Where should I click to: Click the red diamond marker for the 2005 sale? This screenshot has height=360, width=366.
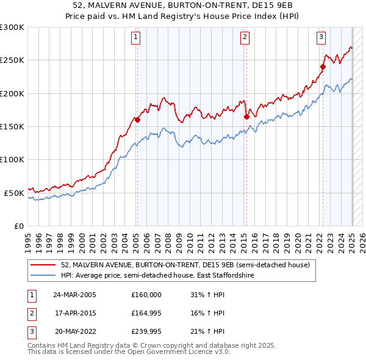click(x=137, y=120)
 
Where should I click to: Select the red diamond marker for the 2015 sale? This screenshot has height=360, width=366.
click(x=246, y=117)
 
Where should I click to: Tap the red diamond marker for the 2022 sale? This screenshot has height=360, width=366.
click(x=323, y=67)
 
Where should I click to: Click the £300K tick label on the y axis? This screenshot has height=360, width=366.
click(x=12, y=27)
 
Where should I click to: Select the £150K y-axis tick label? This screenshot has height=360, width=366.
click(x=12, y=127)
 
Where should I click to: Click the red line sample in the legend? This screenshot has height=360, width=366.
click(x=43, y=265)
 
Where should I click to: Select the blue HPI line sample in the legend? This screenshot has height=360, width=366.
click(x=43, y=276)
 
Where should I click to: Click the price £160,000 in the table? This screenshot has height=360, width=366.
click(x=146, y=295)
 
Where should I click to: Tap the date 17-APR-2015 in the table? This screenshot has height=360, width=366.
click(x=75, y=313)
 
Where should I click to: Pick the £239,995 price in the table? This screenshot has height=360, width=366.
click(x=146, y=331)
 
